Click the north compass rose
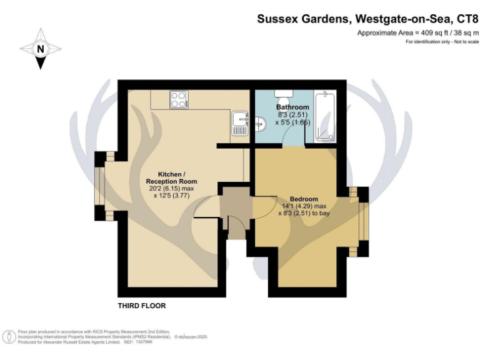coord(41,49)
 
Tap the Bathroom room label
coord(293,107)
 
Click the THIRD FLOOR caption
coord(142,306)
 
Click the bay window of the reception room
coord(100,186)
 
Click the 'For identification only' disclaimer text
coord(429,41)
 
